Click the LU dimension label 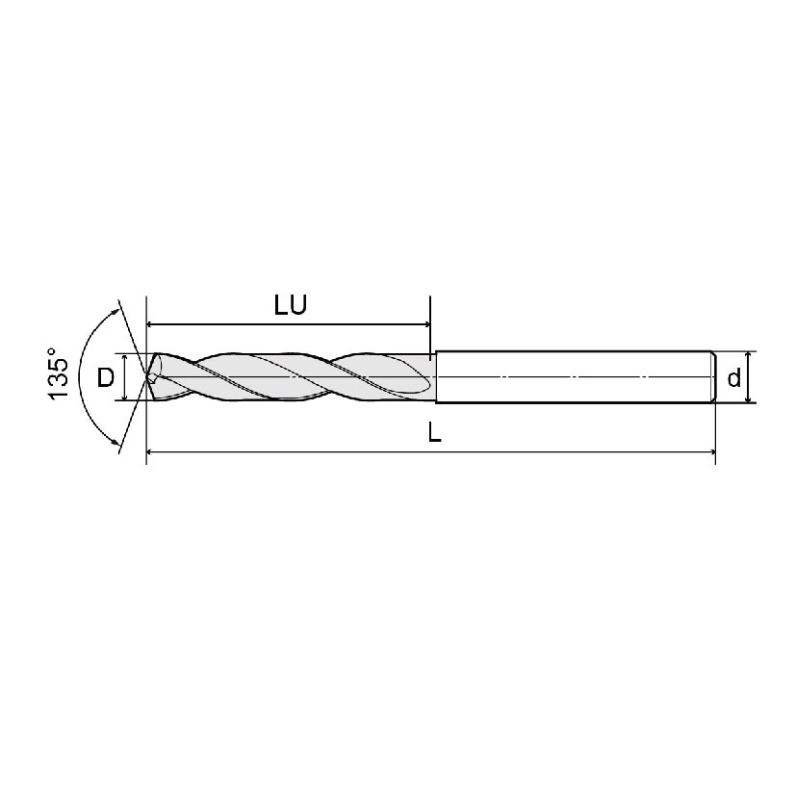coord(290,307)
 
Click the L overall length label coord(434,433)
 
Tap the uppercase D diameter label coord(106,376)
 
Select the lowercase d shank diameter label coord(734,378)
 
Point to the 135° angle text coord(59,377)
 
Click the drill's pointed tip coord(147,376)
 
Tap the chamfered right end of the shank coord(713,376)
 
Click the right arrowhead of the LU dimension coord(423,324)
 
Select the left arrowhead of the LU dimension coord(153,324)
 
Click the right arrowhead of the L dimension coord(709,450)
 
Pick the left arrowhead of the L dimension coord(153,450)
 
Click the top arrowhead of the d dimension coord(748,357)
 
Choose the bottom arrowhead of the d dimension coord(748,397)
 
